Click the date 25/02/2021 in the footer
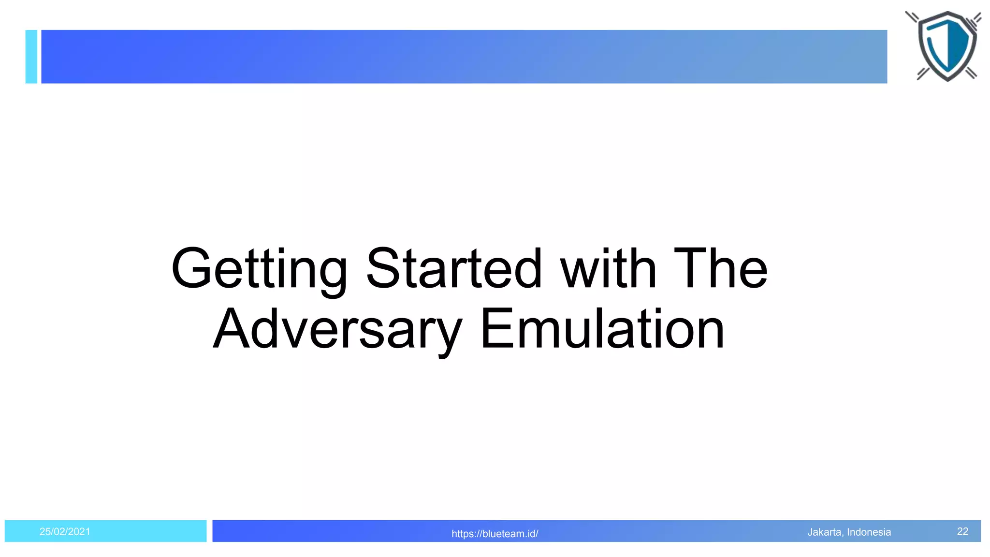pos(65,531)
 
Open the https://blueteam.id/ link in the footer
pos(495,534)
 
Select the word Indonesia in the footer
pos(869,532)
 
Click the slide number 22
pos(962,531)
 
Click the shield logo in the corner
pos(946,46)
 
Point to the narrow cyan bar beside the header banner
pos(31,57)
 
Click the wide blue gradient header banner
pos(464,57)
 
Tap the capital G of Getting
pos(191,268)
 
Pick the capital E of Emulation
pos(495,329)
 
